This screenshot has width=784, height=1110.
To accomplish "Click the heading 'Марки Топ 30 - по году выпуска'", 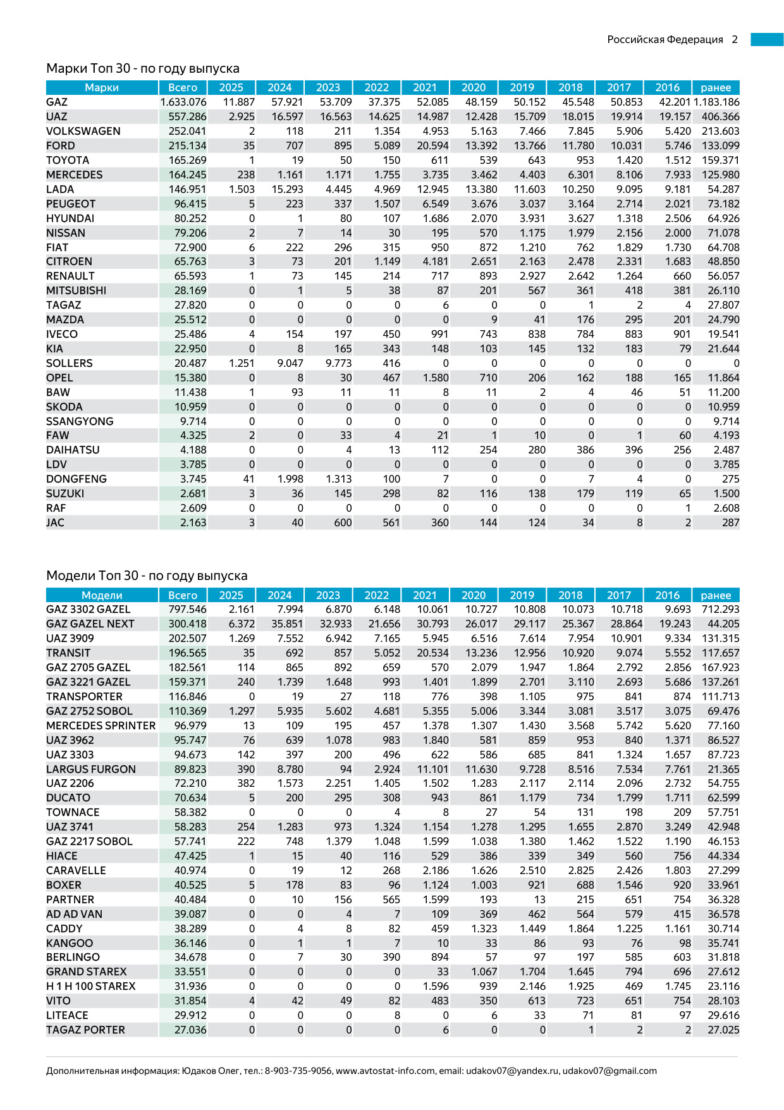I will (143, 68).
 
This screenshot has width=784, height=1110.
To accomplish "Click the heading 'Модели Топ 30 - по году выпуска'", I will (147, 576).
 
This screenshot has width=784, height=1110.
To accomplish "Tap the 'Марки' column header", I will (102, 87).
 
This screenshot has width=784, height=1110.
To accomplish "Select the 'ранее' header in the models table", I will (716, 595).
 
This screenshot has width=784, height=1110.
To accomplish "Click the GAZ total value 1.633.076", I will (183, 102).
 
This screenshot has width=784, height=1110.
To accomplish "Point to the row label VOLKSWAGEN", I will (83, 131).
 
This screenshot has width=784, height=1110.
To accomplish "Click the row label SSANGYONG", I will (80, 421).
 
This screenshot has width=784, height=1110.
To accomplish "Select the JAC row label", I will (55, 522).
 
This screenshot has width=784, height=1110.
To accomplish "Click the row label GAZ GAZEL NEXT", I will (90, 624).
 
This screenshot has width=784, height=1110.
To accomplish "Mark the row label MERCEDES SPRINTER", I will (101, 725).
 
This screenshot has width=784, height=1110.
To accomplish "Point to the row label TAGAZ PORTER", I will (85, 1030).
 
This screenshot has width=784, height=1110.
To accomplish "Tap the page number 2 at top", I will (735, 39).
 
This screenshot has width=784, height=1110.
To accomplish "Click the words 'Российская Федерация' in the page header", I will (665, 39).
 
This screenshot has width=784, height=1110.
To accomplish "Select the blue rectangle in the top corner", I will (767, 39).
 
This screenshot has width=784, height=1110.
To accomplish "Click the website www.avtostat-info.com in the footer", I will (386, 1071).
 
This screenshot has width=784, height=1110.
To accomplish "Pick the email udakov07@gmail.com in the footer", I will (609, 1071).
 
